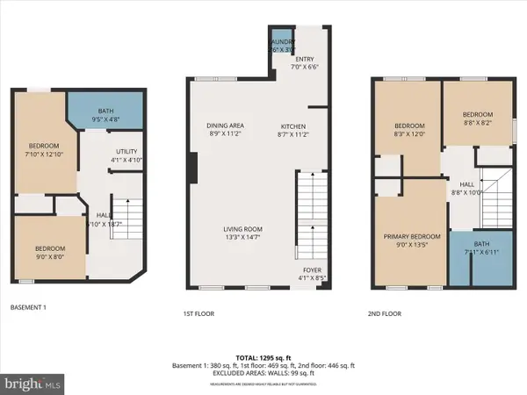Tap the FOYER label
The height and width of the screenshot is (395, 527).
click(312, 275)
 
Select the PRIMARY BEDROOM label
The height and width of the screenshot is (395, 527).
click(411, 240)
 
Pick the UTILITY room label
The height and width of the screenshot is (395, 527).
click(122, 155)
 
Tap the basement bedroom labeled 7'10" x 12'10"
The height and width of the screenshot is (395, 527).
click(43, 150)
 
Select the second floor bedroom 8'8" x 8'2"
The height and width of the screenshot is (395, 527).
click(478, 118)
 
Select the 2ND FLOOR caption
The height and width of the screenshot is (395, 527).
click(386, 312)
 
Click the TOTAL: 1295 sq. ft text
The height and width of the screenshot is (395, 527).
click(263, 356)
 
